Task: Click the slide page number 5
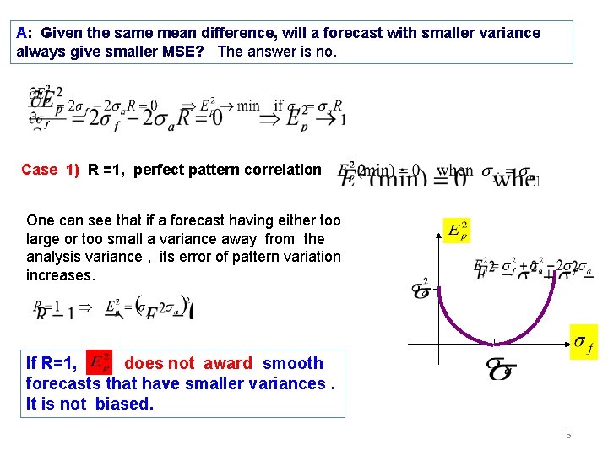[569, 436]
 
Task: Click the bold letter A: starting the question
[24, 33]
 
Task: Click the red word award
[222, 364]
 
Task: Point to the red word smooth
[293, 364]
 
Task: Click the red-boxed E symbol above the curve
[457, 231]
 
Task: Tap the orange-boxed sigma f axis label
[583, 342]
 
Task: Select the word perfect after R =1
[159, 170]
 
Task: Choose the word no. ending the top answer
[325, 52]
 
